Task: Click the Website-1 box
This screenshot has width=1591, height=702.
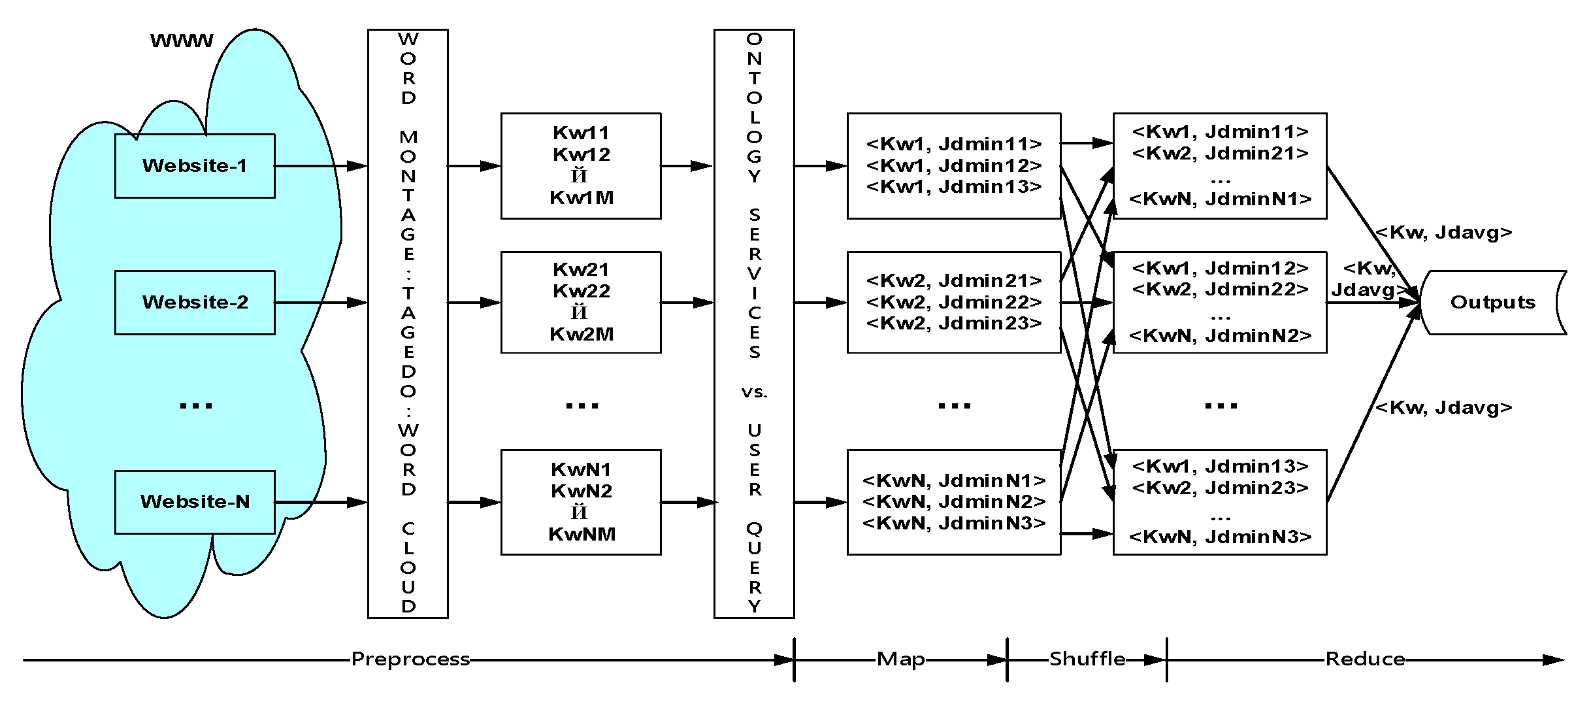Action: [x=195, y=166]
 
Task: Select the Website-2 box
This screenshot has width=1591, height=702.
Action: [x=195, y=303]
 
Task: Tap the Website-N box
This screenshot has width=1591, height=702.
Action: [x=195, y=502]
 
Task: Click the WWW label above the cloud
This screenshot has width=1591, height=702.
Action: [x=182, y=41]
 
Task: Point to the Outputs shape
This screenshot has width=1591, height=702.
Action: [x=1492, y=303]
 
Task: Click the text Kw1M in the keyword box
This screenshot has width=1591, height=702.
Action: [x=581, y=197]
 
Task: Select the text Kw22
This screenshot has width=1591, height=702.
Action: [x=581, y=291]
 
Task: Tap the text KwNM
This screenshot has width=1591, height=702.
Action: [x=581, y=534]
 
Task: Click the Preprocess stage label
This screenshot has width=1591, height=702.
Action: [x=410, y=659]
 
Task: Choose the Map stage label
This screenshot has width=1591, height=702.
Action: [x=900, y=659]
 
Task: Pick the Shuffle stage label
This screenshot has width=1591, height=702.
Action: [x=1087, y=659]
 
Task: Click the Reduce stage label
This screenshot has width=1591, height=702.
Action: [x=1365, y=659]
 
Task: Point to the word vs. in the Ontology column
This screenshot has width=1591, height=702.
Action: [x=754, y=392]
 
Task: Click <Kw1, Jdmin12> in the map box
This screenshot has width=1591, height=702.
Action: [x=954, y=165]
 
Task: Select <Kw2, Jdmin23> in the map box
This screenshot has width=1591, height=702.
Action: [x=954, y=323]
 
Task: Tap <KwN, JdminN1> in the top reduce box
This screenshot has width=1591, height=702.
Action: [x=1220, y=199]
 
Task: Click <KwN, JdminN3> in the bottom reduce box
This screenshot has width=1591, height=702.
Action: [x=1220, y=537]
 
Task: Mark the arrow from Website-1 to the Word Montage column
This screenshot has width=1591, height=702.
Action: [x=320, y=166]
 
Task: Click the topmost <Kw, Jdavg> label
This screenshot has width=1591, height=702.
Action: [x=1443, y=233]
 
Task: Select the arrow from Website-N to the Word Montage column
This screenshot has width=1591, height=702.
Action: [x=320, y=502]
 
